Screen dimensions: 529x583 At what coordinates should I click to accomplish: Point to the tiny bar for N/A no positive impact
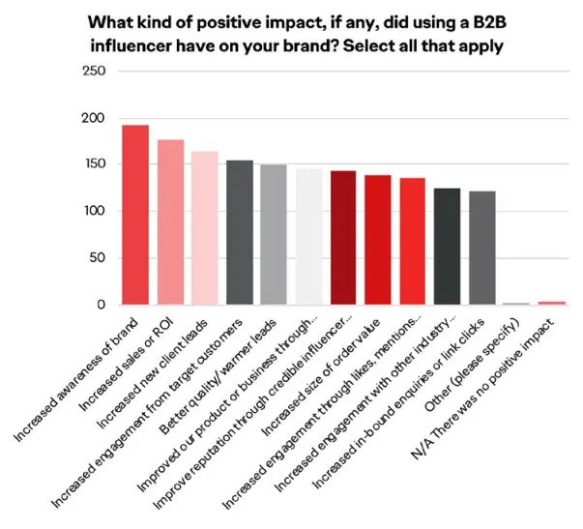pyautogui.click(x=551, y=303)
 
